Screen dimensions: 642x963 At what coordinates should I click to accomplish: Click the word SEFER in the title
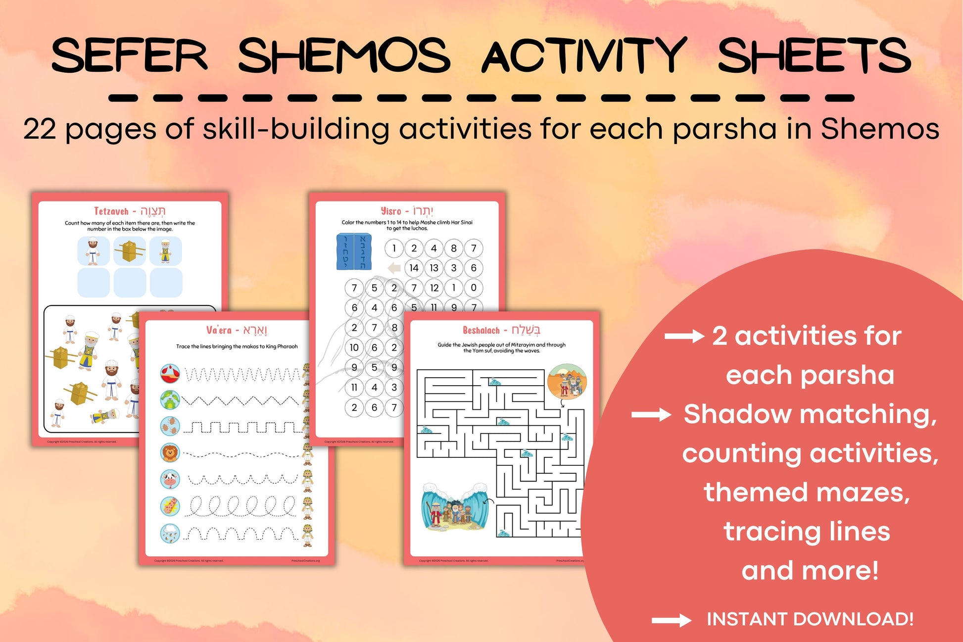click(129, 55)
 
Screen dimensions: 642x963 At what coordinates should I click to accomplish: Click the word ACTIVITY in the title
click(584, 55)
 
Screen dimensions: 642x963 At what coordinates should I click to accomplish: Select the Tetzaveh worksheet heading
click(130, 211)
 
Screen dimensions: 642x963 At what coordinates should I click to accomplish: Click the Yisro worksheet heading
click(407, 211)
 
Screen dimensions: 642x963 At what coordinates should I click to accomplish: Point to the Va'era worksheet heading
click(237, 330)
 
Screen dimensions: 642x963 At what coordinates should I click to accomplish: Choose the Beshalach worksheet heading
click(501, 330)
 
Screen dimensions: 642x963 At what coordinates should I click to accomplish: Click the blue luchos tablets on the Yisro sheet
click(354, 251)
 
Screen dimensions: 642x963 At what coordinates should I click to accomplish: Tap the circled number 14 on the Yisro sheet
click(414, 268)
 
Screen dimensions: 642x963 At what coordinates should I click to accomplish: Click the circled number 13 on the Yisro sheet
click(434, 268)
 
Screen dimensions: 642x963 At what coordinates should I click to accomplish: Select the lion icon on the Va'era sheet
click(170, 452)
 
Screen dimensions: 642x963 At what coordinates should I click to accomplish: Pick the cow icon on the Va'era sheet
click(170, 479)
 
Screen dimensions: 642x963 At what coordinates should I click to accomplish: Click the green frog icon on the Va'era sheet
click(170, 399)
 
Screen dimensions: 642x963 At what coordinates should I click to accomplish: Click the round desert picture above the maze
click(567, 381)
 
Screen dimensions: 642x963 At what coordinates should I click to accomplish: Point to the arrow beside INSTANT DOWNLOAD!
click(671, 620)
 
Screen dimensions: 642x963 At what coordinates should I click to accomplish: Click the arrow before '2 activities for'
click(684, 337)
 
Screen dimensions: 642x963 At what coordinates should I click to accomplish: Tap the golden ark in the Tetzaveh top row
click(130, 251)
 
